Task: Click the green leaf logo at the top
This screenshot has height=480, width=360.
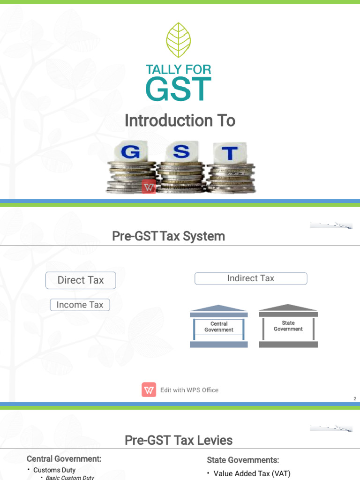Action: point(179,40)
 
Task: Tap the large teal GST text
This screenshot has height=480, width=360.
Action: point(179,89)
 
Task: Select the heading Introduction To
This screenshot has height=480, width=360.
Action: point(180,121)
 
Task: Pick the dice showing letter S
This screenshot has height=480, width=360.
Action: point(182,152)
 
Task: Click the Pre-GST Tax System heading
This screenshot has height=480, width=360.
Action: point(169,236)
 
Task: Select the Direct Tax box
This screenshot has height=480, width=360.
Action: point(81,280)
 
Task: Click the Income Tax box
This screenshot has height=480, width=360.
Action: point(80,305)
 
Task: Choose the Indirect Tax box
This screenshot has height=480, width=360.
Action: point(251,278)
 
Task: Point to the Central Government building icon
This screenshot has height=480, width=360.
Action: point(219,327)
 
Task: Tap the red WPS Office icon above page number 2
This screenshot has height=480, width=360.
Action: point(149,390)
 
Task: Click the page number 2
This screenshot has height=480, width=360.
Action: point(355,399)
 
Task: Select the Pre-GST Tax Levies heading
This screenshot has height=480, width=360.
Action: point(179,441)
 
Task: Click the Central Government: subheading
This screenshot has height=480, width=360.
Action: point(64,459)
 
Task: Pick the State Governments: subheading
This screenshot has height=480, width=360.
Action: point(243,460)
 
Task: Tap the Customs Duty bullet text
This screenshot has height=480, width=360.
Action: point(54,470)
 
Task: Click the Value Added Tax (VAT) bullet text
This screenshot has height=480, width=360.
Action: point(252,474)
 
